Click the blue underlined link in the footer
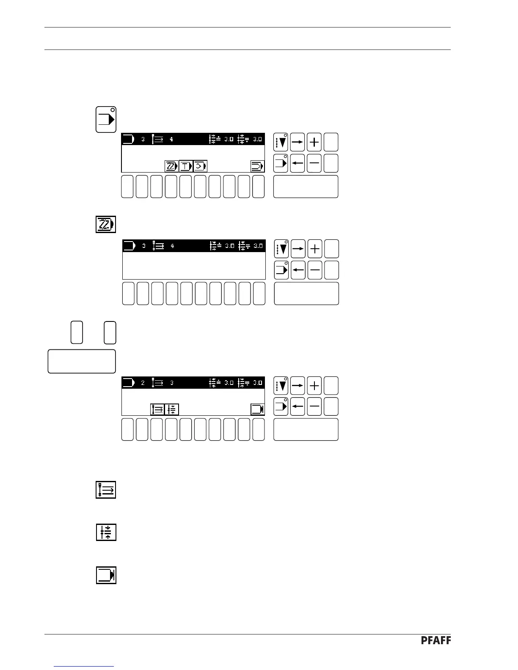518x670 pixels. pyautogui.click(x=84, y=666)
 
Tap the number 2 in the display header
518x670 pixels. pyautogui.click(x=143, y=383)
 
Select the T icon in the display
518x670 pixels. pyautogui.click(x=186, y=166)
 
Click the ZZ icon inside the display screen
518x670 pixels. pyautogui.click(x=171, y=166)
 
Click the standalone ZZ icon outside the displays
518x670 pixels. pyautogui.click(x=106, y=224)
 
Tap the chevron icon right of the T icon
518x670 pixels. pyautogui.click(x=200, y=166)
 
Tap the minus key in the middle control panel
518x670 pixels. pyautogui.click(x=315, y=270)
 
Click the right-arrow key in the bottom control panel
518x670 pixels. pyautogui.click(x=298, y=386)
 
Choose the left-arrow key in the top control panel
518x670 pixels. pyautogui.click(x=298, y=163)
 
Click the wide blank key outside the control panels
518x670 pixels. pyautogui.click(x=82, y=361)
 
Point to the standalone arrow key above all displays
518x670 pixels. pyautogui.click(x=106, y=119)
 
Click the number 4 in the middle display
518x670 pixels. pyautogui.click(x=172, y=246)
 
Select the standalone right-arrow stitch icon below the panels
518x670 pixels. pyautogui.click(x=106, y=490)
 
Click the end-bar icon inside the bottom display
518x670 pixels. pyautogui.click(x=257, y=409)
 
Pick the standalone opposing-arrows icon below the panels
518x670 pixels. pyautogui.click(x=106, y=532)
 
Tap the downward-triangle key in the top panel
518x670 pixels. pyautogui.click(x=281, y=142)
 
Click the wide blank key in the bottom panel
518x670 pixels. pyautogui.click(x=306, y=429)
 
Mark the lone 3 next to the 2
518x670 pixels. pyautogui.click(x=172, y=383)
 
